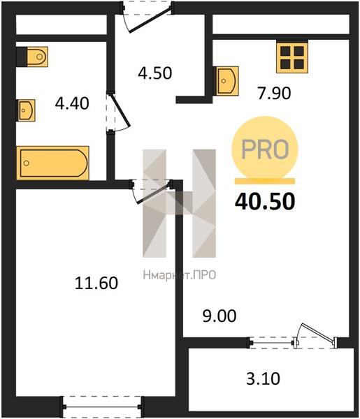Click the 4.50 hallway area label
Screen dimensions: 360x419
pyautogui.click(x=155, y=73)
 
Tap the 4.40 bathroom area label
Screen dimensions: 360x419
pyautogui.click(x=72, y=103)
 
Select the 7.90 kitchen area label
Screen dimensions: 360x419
pyautogui.click(x=274, y=94)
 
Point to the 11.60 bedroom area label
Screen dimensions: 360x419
pyautogui.click(x=96, y=284)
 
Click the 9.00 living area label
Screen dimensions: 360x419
pyautogui.click(x=219, y=316)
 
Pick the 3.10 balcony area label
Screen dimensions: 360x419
pyautogui.click(x=263, y=378)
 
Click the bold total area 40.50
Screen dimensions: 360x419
pyautogui.click(x=265, y=201)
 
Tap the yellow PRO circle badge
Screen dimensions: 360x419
pyautogui.click(x=265, y=149)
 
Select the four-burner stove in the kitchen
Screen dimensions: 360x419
pyautogui.click(x=292, y=57)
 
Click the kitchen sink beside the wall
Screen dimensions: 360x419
pyautogui.click(x=226, y=81)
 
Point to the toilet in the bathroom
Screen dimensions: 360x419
pyautogui.click(x=32, y=57)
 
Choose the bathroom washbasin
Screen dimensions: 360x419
pyautogui.click(x=26, y=110)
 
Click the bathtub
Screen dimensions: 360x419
pyautogui.click(x=52, y=163)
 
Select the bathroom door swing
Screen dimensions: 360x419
pyautogui.click(x=119, y=112)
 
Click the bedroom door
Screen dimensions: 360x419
pyautogui.click(x=152, y=191)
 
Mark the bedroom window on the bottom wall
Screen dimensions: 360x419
pyautogui.click(x=102, y=407)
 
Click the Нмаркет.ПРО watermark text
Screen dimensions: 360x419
pyautogui.click(x=180, y=275)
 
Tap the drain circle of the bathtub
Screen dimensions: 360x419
pyautogui.click(x=26, y=163)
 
